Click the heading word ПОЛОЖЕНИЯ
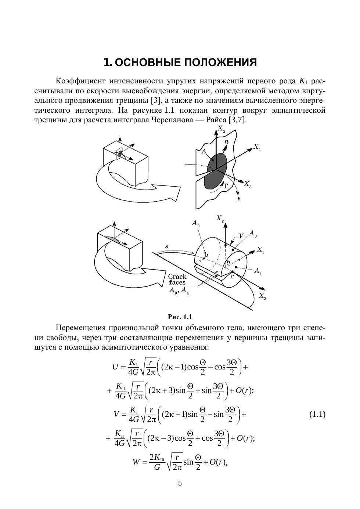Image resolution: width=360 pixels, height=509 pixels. click(x=220, y=62)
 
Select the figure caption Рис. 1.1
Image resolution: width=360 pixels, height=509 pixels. click(x=180, y=317)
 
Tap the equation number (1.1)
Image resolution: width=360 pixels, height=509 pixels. click(x=317, y=415)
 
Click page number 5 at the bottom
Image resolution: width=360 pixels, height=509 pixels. click(x=180, y=483)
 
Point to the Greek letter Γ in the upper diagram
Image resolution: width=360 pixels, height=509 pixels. click(x=227, y=186)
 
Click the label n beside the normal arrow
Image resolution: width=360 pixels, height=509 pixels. click(x=226, y=142)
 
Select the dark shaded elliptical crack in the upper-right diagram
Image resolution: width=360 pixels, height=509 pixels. click(x=216, y=170)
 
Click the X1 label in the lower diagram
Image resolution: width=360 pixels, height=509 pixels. click(x=260, y=250)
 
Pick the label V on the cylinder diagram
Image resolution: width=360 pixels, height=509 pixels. click(x=241, y=236)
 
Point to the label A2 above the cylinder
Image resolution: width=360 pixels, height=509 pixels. click(x=196, y=223)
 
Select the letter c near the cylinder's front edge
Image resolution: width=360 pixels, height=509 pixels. click(x=232, y=277)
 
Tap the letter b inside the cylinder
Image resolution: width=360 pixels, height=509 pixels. click(x=228, y=263)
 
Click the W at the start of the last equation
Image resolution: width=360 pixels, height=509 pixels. click(x=136, y=462)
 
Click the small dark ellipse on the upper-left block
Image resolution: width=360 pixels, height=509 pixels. click(x=120, y=153)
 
